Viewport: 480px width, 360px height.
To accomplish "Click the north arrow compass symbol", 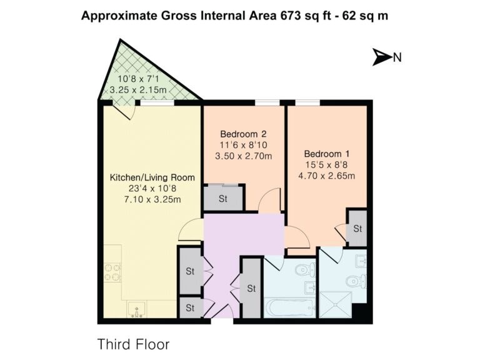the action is pos(381,57).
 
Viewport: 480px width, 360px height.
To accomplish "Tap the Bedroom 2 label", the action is pos(243,134).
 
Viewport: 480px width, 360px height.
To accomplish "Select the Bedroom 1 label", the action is pos(327,154).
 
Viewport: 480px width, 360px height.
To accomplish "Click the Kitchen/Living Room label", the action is pos(152,177).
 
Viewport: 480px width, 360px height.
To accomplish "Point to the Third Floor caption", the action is pos(133,344).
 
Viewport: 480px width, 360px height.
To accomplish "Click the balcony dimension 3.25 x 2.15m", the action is pos(138,90).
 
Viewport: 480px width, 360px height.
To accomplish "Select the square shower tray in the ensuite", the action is pos(335,304).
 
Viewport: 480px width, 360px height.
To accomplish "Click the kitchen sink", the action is pos(136,309).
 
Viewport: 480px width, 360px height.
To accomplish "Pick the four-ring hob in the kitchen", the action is pos(112,272).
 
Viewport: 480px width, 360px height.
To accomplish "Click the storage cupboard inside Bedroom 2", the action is pos(224,198).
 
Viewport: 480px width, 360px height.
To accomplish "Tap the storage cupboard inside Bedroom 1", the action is pos(357,228).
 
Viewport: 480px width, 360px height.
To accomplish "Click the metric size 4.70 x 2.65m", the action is pos(327,176).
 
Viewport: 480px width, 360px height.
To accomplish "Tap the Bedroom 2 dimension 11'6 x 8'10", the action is pos(243,145).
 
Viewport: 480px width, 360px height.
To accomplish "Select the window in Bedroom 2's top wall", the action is pos(267,102).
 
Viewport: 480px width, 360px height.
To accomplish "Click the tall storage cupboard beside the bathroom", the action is pos(251,288).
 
